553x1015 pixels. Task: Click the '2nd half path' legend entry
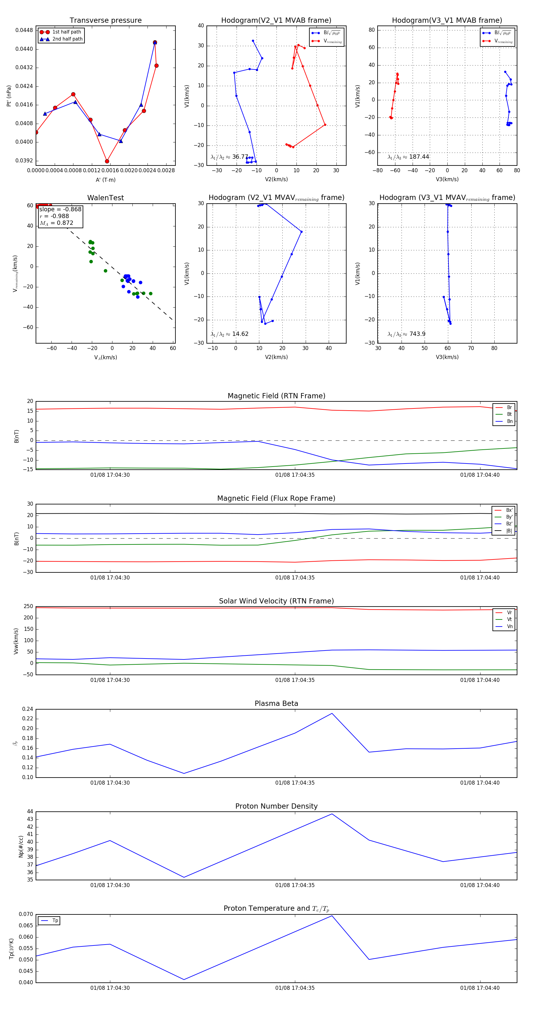(x=67, y=39)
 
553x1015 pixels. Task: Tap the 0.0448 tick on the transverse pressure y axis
(x=24, y=30)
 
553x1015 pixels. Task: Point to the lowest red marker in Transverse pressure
(x=107, y=161)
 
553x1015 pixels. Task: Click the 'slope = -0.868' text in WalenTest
(x=60, y=209)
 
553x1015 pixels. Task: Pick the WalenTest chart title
(x=105, y=198)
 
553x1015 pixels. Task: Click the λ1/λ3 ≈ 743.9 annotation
(x=406, y=334)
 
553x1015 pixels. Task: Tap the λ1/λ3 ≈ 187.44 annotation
(x=408, y=157)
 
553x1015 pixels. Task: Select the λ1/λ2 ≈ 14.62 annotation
(x=229, y=334)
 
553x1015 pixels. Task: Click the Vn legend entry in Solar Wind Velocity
(x=509, y=627)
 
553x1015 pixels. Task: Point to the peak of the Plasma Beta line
(x=332, y=713)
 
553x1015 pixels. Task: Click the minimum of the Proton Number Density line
(x=184, y=878)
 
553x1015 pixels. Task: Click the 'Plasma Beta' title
(x=276, y=703)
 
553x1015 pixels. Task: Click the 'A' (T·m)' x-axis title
(x=105, y=180)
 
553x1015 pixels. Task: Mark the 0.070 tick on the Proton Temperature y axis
(x=26, y=914)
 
